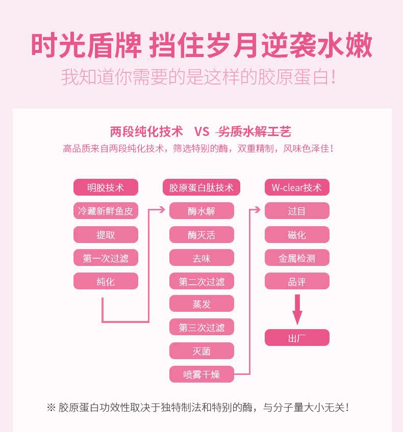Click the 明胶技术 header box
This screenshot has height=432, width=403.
(x=106, y=187)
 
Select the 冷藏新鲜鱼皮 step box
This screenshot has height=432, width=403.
(x=106, y=211)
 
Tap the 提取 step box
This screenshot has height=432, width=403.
(x=106, y=235)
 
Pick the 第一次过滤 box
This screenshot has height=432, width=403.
(x=106, y=258)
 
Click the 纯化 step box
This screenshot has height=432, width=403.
(x=106, y=281)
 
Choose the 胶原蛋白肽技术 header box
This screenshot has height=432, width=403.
(x=202, y=187)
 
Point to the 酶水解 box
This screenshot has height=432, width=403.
(x=202, y=211)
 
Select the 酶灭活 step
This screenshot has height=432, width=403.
(x=202, y=235)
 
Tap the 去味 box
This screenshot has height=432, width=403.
(x=202, y=258)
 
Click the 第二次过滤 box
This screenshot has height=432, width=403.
(x=202, y=281)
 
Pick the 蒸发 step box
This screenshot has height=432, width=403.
(x=202, y=304)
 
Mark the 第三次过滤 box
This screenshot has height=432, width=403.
(x=202, y=328)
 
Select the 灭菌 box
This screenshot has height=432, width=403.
(x=202, y=351)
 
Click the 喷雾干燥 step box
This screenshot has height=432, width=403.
(x=202, y=374)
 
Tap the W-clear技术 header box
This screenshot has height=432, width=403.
(x=297, y=187)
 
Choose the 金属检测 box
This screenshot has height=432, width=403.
(x=297, y=258)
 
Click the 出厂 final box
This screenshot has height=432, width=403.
(x=297, y=338)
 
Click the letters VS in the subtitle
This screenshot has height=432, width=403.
(x=202, y=132)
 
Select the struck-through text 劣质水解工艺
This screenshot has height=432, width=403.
(x=254, y=132)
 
